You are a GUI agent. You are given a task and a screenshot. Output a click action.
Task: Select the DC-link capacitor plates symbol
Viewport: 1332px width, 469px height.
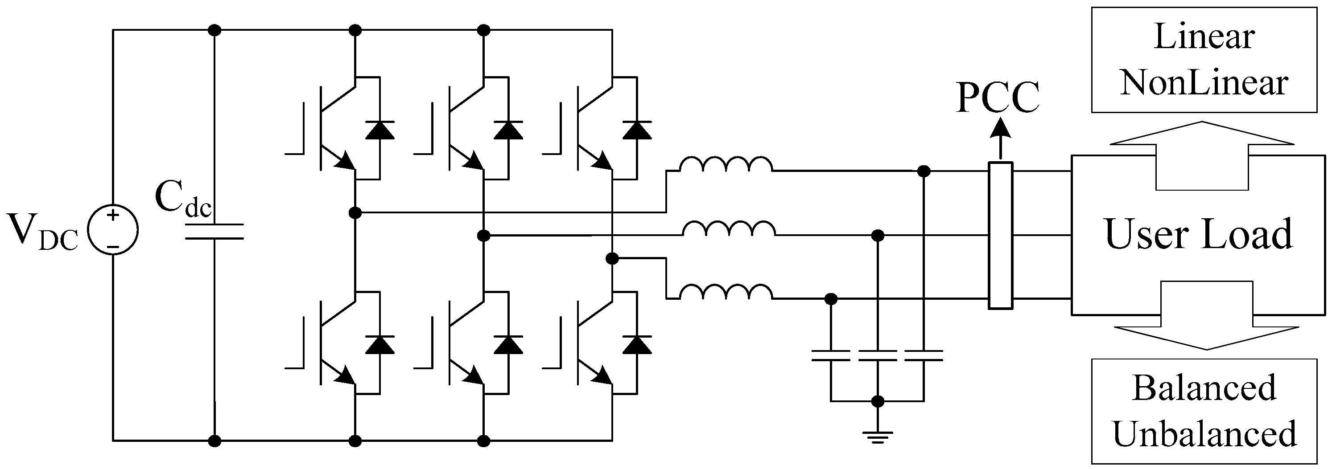[214, 232]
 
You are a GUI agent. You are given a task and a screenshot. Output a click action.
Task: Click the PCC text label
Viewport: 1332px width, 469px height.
[998, 98]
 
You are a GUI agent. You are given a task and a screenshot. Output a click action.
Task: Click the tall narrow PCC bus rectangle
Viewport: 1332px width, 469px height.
[1000, 236]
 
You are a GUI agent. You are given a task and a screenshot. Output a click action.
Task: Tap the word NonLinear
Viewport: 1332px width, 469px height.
[1204, 83]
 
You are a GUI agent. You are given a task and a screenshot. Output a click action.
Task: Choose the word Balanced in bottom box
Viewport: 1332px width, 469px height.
[1204, 388]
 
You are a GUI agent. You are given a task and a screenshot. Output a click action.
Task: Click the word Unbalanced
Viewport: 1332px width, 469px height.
[1204, 433]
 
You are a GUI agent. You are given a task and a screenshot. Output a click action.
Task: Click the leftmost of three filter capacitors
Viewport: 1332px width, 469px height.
[830, 355]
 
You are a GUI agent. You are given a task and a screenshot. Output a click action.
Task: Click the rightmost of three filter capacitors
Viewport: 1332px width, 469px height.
[924, 355]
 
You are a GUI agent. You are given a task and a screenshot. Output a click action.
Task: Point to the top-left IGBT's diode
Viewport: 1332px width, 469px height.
[379, 130]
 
